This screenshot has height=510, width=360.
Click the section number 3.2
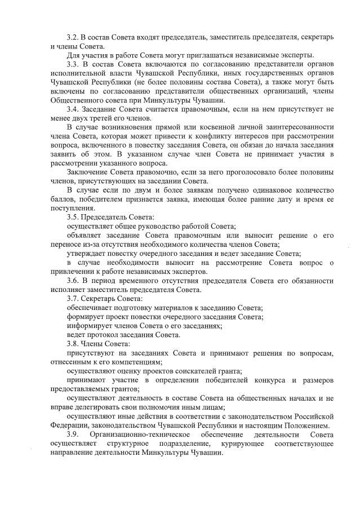(73, 37)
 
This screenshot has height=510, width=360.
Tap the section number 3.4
(73, 109)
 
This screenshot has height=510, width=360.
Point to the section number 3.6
(73, 280)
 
